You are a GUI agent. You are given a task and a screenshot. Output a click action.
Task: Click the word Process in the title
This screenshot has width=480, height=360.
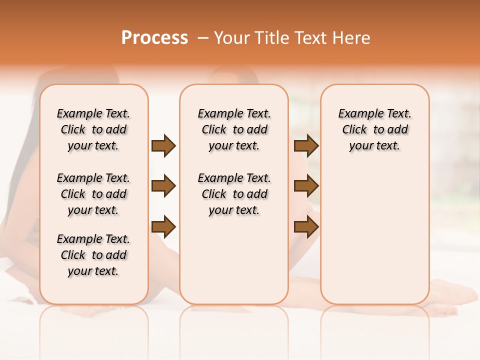154,38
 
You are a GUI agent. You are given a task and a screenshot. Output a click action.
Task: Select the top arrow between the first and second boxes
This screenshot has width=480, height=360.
163,146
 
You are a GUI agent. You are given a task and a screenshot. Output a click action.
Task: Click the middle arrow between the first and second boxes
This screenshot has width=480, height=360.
163,186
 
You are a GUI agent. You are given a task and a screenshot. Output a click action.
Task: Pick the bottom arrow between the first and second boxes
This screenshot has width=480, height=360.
163,227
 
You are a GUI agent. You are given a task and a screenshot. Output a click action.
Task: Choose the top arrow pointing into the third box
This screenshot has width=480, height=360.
306,146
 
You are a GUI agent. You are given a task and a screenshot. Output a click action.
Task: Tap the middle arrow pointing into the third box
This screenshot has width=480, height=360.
306,186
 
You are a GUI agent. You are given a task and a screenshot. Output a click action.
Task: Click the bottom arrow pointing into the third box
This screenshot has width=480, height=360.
306,227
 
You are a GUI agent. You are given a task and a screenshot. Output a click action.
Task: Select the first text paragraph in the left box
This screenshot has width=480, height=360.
93,129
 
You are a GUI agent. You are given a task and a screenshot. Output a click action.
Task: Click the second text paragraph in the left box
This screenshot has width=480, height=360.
93,194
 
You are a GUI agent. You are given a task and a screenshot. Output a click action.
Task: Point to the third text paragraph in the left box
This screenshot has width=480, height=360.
93,255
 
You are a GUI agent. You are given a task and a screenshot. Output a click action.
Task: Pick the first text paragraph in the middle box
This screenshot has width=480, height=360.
234,129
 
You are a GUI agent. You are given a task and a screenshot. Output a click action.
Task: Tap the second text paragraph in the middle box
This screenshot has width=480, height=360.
234,194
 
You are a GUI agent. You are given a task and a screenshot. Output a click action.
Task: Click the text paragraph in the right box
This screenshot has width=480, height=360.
374,129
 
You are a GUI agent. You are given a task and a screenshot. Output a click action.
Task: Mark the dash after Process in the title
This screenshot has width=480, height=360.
202,38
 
